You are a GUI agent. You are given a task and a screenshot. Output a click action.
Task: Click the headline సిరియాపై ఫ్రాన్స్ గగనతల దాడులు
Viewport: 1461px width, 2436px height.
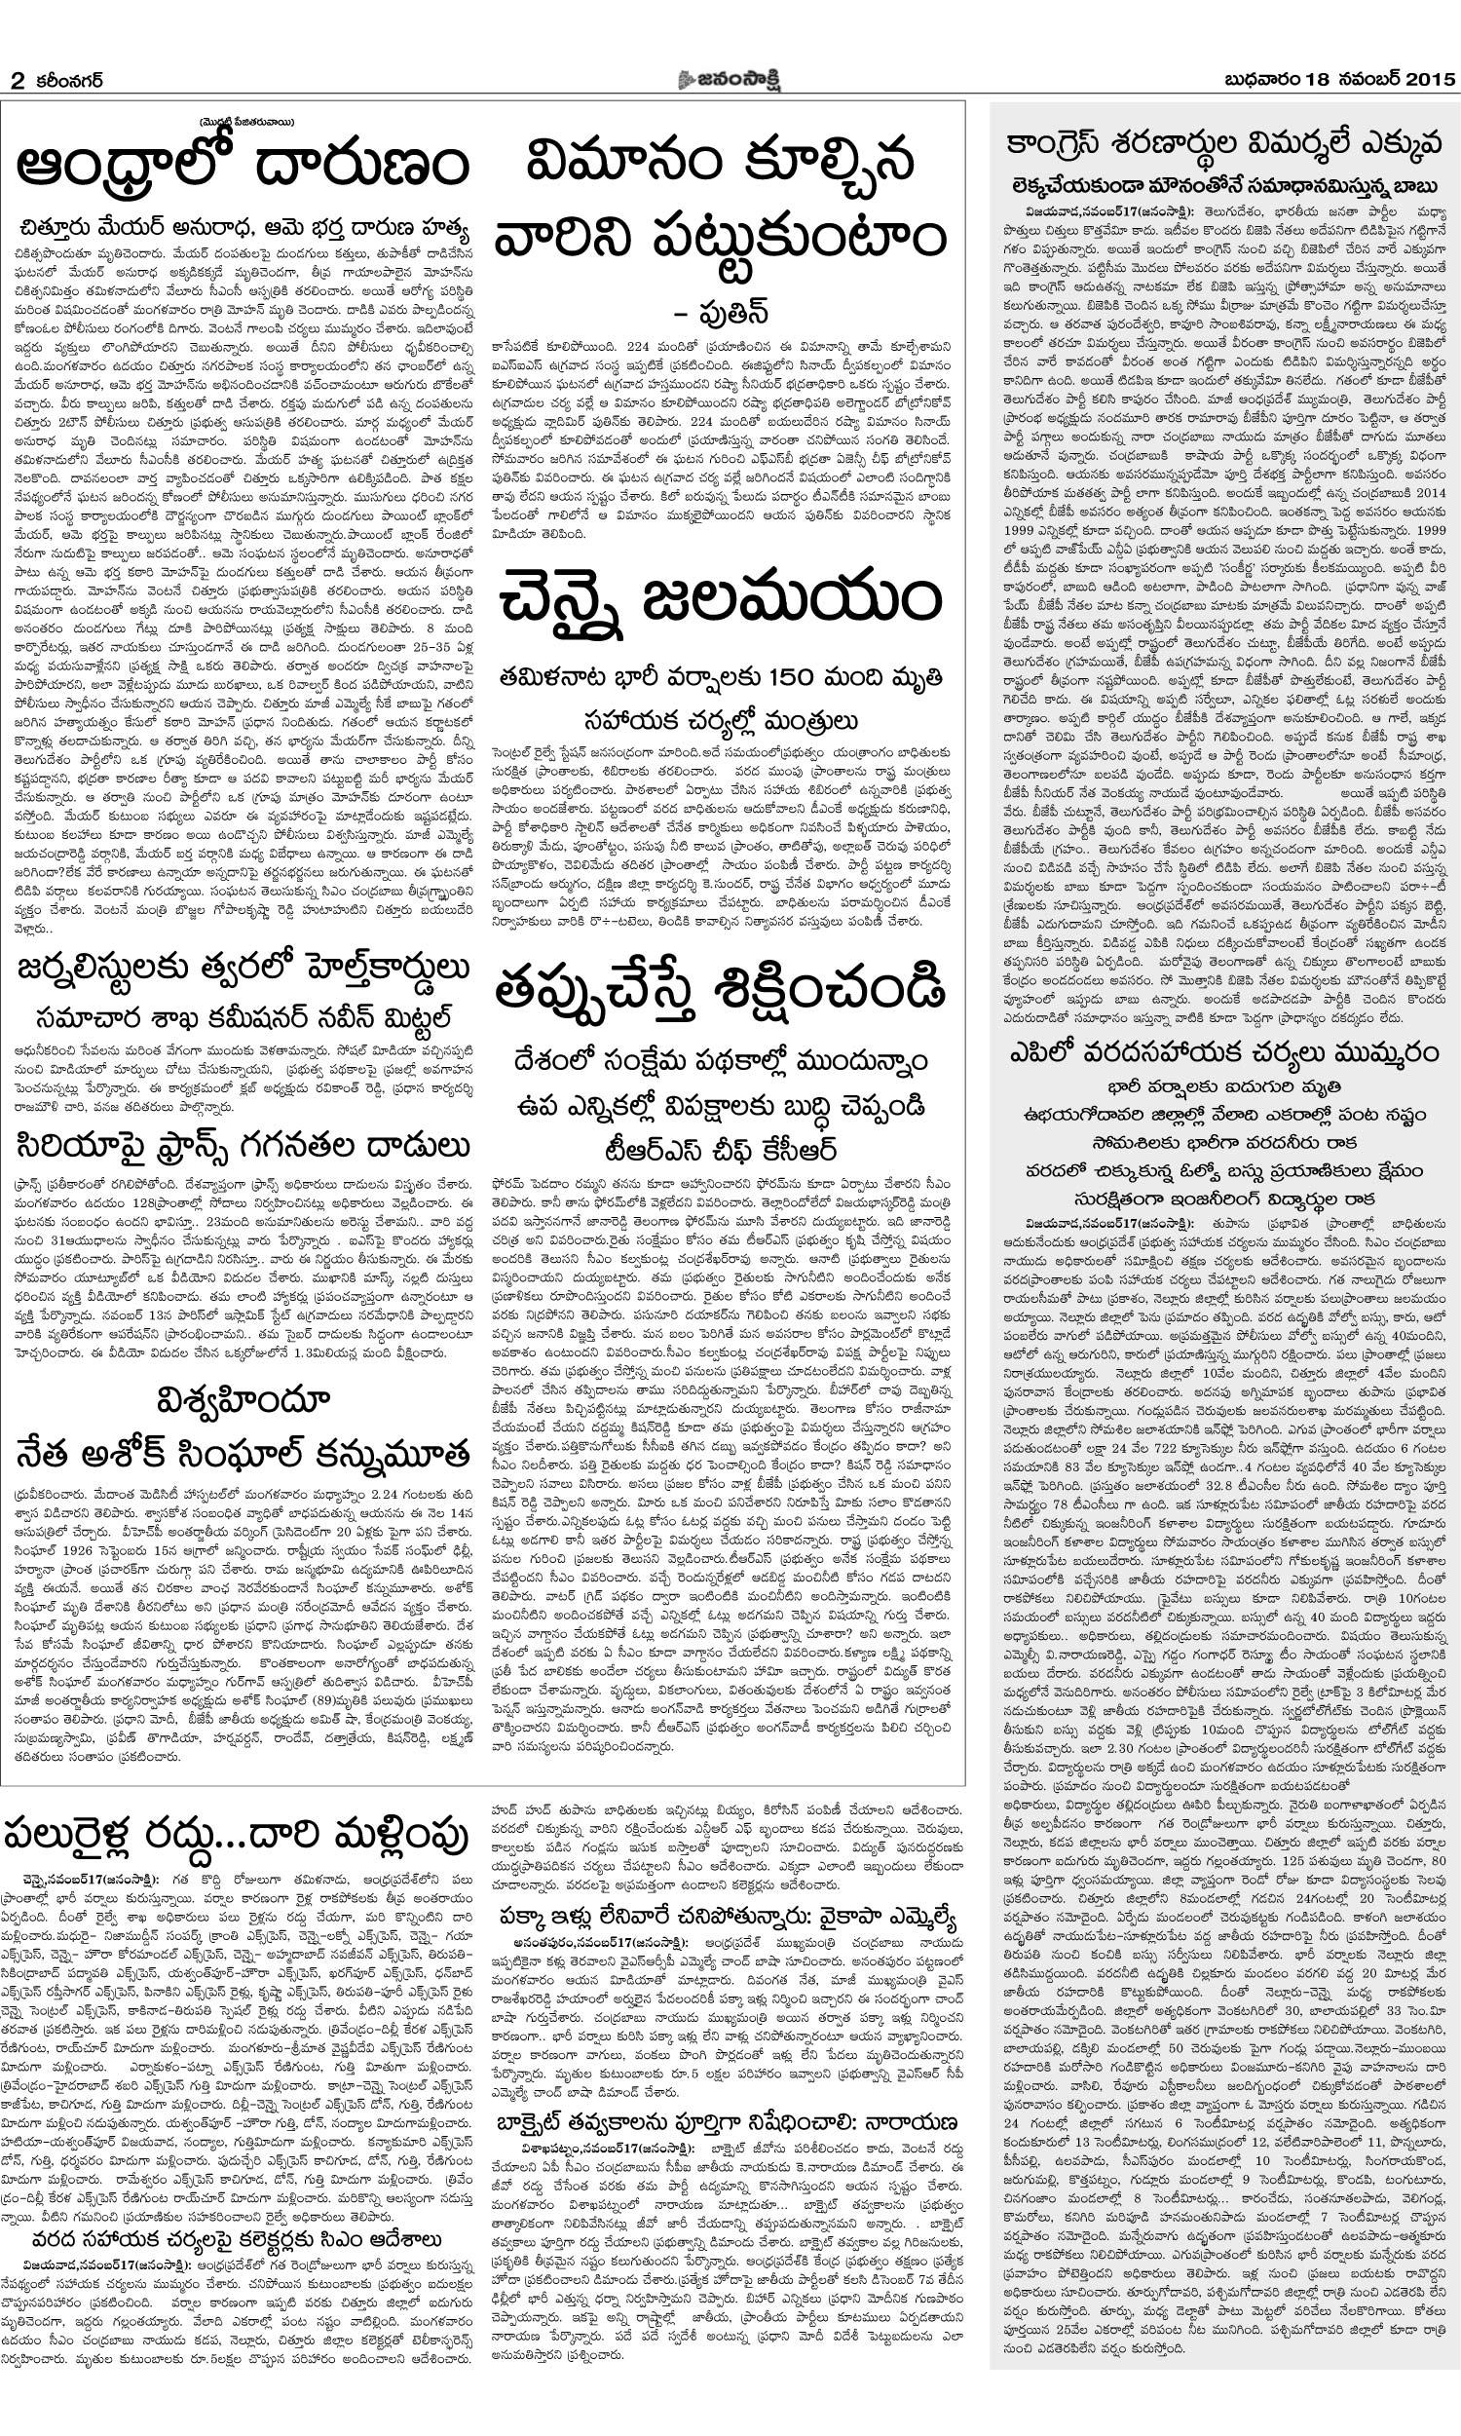click(x=243, y=1145)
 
